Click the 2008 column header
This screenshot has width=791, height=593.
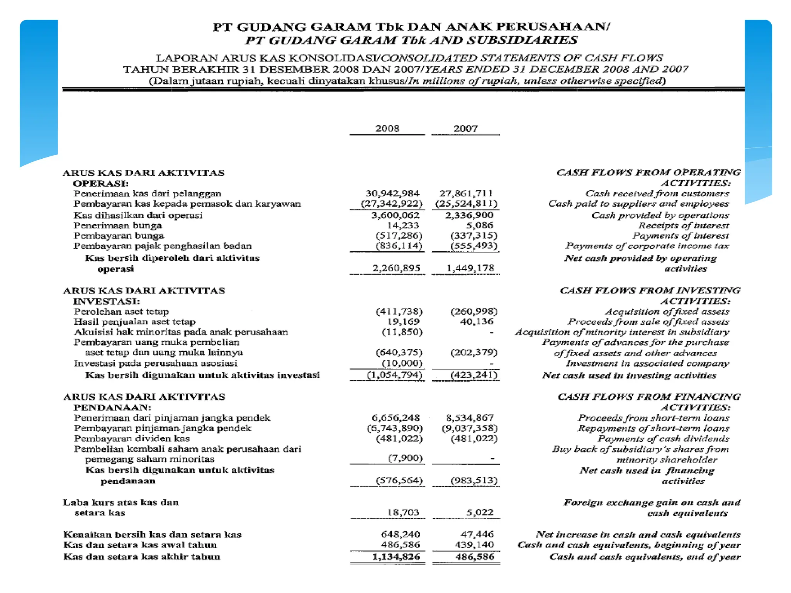(387, 129)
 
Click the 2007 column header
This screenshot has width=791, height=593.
(465, 129)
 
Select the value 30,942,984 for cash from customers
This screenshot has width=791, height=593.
(392, 193)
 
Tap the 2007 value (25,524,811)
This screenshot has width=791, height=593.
(466, 203)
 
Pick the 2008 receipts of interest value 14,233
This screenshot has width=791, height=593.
(403, 225)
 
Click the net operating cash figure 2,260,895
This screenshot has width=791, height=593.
(396, 268)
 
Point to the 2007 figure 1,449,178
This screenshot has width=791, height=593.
(470, 268)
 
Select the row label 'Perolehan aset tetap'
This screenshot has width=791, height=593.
(121, 312)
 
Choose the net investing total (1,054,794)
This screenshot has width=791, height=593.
(394, 375)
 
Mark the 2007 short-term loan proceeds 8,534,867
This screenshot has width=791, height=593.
(470, 418)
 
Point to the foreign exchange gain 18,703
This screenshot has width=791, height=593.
(403, 512)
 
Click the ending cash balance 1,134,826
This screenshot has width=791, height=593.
(396, 557)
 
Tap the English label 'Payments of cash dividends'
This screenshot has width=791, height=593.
(663, 439)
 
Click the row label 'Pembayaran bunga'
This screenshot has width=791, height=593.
(119, 236)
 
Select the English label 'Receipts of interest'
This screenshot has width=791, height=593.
(683, 225)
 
